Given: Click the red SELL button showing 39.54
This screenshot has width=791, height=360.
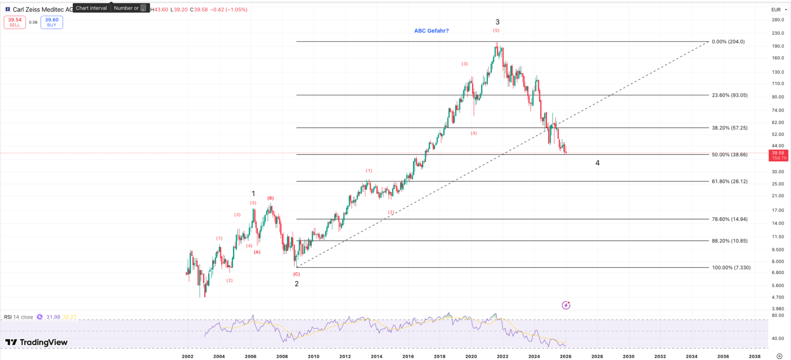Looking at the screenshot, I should pos(15,22).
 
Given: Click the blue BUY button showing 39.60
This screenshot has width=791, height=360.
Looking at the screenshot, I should pos(52,22).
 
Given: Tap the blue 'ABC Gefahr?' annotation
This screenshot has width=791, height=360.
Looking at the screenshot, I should pos(431,31).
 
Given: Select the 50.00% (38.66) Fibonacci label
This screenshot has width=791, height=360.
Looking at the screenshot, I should pos(729,155).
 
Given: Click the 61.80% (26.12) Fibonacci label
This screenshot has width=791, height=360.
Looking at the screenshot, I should pos(729,181).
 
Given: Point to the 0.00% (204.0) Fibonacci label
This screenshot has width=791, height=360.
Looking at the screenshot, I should pos(728,41).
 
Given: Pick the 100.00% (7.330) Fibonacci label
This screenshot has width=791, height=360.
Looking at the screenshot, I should pos(731,267).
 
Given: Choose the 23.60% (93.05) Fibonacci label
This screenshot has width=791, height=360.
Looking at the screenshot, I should pos(729,95).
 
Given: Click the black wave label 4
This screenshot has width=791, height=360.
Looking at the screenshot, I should pos(597,163).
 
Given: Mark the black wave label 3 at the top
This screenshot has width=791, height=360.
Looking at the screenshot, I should pos(497,22).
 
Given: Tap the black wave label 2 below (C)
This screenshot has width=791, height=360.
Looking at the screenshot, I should pos(296,284).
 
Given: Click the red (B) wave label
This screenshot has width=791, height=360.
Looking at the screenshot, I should pos(270,198).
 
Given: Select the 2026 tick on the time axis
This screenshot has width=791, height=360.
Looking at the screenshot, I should pos(565,356).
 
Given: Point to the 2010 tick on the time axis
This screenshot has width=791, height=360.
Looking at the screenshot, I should pos(313,356).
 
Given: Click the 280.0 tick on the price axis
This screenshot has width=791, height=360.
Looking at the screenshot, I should pos(778,20).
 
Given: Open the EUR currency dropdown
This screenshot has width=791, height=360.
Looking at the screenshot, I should pos(779,10).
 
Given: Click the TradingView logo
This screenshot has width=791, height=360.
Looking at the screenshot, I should pos(36,342).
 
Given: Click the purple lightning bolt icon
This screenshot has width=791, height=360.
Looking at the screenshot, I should pos(566,305).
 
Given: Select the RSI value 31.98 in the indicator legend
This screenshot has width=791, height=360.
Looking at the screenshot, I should pos(53,317).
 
